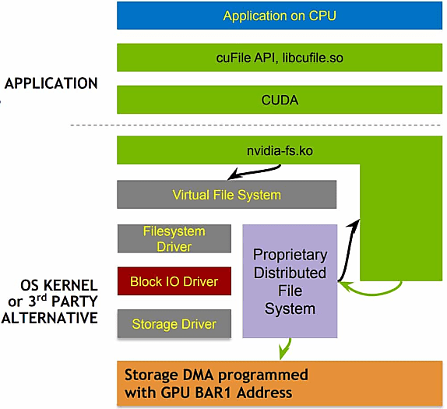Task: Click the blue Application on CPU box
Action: click(x=280, y=16)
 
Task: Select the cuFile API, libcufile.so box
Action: click(x=280, y=58)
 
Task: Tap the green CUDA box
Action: click(x=280, y=100)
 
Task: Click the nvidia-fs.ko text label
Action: click(x=280, y=150)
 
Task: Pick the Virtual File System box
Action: click(x=227, y=195)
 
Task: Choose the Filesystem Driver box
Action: click(x=174, y=238)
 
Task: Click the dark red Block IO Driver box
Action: click(x=174, y=281)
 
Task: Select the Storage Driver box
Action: click(x=174, y=324)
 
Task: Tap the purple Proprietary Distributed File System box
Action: click(x=290, y=281)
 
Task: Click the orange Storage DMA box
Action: click(x=280, y=383)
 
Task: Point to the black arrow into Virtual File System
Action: click(x=254, y=172)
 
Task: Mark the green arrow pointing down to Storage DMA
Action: click(x=285, y=348)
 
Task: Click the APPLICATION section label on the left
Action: click(x=51, y=83)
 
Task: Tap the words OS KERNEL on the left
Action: click(x=59, y=285)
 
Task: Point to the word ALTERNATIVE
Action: click(x=50, y=318)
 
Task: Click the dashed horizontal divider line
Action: click(x=255, y=125)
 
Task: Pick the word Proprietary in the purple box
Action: click(x=290, y=255)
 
